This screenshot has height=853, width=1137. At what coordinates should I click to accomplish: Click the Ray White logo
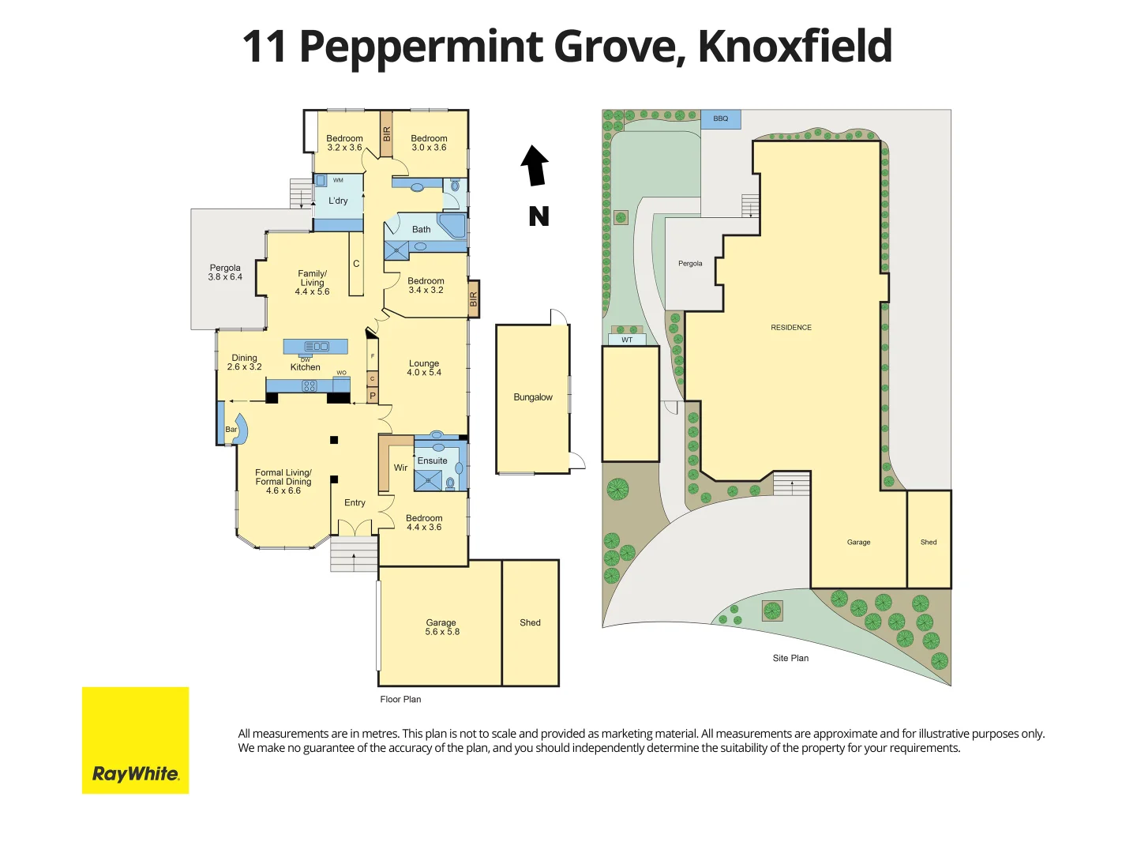click(x=135, y=740)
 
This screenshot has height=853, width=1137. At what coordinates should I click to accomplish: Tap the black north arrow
click(x=535, y=166)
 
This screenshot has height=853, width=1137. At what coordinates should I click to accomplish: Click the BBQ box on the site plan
click(x=721, y=119)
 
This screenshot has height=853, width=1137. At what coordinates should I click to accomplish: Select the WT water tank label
click(x=627, y=340)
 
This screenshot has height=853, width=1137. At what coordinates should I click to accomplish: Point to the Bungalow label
click(x=533, y=397)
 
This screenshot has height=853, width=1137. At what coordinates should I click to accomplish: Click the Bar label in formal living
click(x=231, y=430)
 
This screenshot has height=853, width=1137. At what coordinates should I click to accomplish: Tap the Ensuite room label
click(x=432, y=460)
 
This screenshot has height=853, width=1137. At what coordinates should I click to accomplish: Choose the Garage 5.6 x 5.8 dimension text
click(x=441, y=632)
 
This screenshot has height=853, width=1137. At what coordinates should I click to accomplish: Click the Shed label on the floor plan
click(x=530, y=622)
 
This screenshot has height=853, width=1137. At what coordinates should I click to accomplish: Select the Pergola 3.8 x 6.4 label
click(x=225, y=272)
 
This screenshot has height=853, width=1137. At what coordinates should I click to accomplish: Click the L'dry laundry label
click(x=338, y=201)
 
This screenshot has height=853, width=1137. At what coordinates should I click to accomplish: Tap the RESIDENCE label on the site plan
click(x=791, y=327)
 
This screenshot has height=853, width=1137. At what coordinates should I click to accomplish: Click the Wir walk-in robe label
click(x=400, y=468)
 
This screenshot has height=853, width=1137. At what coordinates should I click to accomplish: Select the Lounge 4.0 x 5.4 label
click(x=424, y=368)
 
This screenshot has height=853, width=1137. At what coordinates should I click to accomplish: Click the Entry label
click(x=355, y=502)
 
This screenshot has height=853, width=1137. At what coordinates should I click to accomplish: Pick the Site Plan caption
click(x=790, y=658)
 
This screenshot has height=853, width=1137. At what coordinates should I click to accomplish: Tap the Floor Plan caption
click(x=400, y=699)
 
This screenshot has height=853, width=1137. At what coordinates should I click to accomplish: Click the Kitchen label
click(x=305, y=367)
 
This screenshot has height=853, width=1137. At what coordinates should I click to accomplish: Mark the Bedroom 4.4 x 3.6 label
click(x=424, y=523)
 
